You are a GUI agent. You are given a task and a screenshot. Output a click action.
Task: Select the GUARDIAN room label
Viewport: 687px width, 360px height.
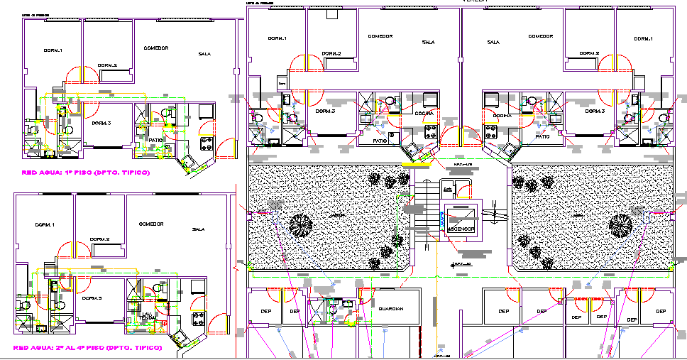coord(391,310)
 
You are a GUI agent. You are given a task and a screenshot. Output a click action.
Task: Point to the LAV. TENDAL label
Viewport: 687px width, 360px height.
coord(148,316)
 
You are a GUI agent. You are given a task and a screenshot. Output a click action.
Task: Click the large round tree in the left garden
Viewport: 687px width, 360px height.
coord(301,226)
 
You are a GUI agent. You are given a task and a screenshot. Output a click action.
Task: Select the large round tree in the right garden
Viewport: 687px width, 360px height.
coord(620,226)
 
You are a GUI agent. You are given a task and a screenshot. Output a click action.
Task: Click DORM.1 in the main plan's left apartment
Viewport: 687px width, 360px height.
coord(277,38)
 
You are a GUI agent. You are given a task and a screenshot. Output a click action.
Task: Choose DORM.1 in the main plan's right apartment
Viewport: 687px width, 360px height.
coord(643,38)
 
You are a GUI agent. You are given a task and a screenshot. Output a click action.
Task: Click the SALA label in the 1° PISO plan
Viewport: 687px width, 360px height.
coord(205,54)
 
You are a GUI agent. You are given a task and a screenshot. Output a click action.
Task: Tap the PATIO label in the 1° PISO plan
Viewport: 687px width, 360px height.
coord(156,140)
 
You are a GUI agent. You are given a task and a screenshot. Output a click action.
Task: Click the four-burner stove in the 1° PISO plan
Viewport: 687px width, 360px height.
coord(207,144)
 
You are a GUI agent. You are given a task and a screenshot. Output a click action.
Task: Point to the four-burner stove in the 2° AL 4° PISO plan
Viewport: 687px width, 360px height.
coord(199,319)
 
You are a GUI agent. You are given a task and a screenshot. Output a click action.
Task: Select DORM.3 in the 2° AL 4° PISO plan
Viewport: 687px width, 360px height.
coord(92,299)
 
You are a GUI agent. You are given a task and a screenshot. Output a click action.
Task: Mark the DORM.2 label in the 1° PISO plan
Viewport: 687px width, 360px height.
coord(107,65)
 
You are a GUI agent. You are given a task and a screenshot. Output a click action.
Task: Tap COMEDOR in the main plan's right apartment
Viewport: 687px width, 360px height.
coord(540,36)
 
